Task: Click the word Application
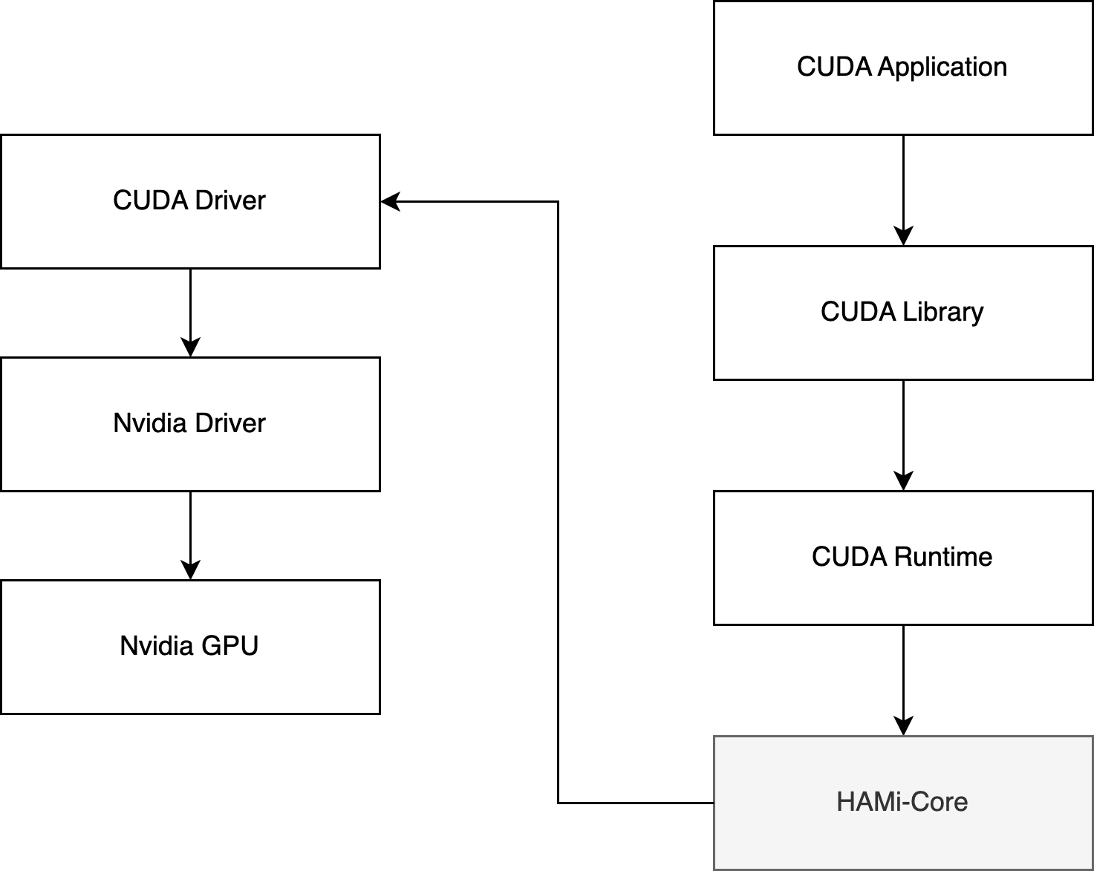(942, 68)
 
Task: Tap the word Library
(942, 312)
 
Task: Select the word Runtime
(942, 557)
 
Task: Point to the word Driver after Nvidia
(229, 423)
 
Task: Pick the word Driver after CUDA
(229, 200)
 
